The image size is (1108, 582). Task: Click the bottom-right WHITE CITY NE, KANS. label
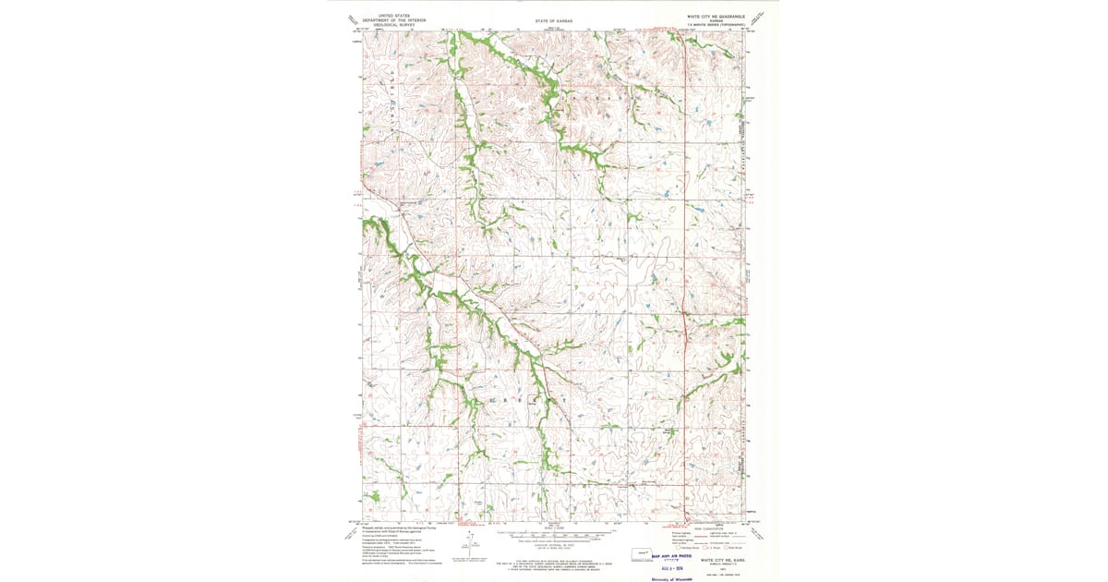(x=723, y=559)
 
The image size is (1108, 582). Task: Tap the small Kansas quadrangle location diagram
(x=637, y=556)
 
